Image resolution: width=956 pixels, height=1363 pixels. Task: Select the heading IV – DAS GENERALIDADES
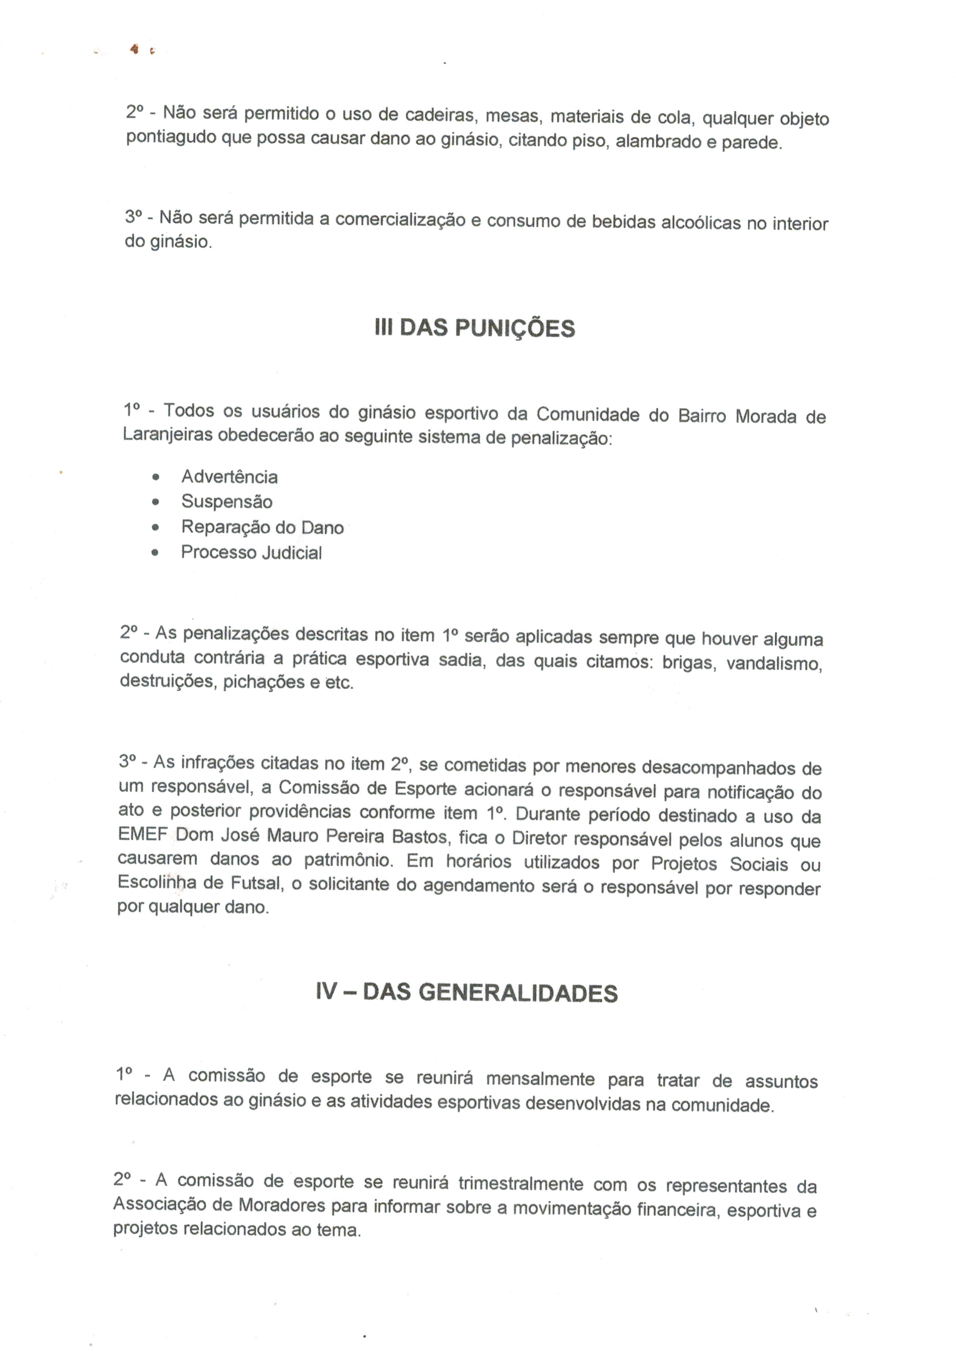coord(467,992)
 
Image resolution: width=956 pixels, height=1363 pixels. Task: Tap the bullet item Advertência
coord(229,477)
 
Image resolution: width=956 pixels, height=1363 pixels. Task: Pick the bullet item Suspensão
coord(227,502)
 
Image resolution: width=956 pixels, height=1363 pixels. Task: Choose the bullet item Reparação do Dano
coord(262,527)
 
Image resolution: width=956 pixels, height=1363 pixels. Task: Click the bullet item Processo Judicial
coord(251,553)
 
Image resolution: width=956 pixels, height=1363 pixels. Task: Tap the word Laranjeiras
coord(167,435)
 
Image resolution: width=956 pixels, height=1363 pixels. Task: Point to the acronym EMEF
coord(141,834)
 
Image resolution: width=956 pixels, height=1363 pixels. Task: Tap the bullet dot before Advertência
coord(156,477)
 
